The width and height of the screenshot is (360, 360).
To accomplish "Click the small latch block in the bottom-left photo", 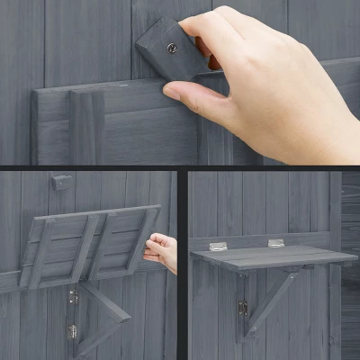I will pos(60,183).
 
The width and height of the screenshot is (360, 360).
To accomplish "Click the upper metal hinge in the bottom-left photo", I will pos(73,294).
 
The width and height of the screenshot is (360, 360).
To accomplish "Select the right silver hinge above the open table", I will pos(275,243).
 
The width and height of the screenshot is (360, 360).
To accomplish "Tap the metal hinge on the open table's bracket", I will pos(243,308).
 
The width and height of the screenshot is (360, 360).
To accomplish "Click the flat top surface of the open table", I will pos(270,255).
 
